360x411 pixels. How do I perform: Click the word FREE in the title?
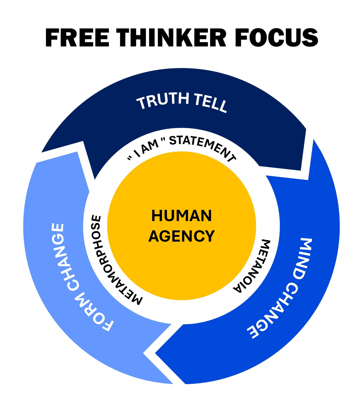77,37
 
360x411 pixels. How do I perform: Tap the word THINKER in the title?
171,37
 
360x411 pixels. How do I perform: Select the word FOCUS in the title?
276,37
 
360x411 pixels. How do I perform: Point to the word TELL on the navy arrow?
211,103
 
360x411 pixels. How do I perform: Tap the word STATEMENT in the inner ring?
202,147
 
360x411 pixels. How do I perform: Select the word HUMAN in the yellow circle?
181,215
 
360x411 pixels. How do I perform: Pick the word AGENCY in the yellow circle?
181,236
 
